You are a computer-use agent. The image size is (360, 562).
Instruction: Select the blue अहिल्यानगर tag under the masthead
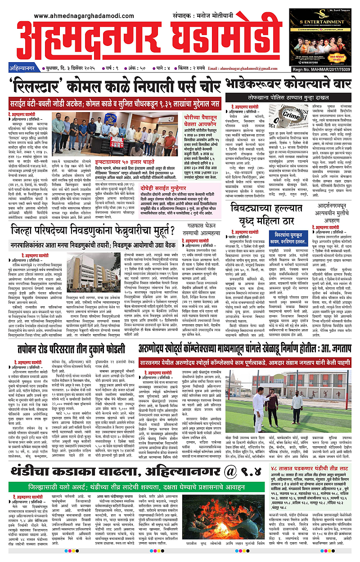[22, 68]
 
